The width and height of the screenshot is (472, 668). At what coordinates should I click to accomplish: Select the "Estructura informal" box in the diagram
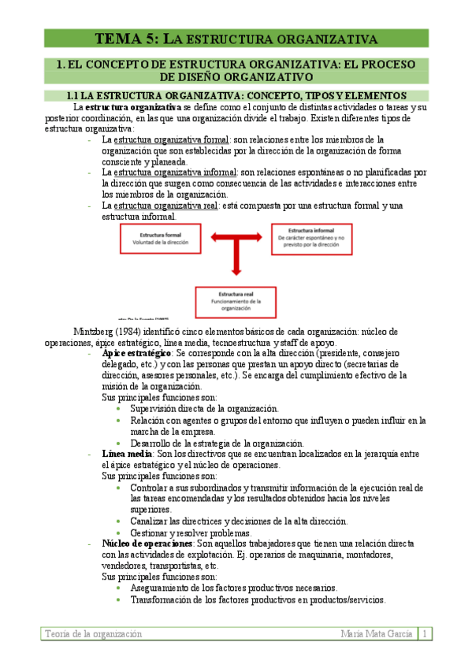pyautogui.click(x=308, y=237)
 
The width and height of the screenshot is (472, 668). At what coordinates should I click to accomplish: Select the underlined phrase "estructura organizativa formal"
pyautogui.click(x=171, y=139)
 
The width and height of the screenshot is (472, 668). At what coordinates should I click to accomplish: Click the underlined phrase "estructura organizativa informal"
pyautogui.click(x=175, y=172)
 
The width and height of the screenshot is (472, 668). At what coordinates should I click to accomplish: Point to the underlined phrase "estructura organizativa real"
pyautogui.click(x=166, y=206)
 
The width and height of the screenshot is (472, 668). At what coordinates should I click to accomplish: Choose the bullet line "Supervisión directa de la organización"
pyautogui.click(x=204, y=409)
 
